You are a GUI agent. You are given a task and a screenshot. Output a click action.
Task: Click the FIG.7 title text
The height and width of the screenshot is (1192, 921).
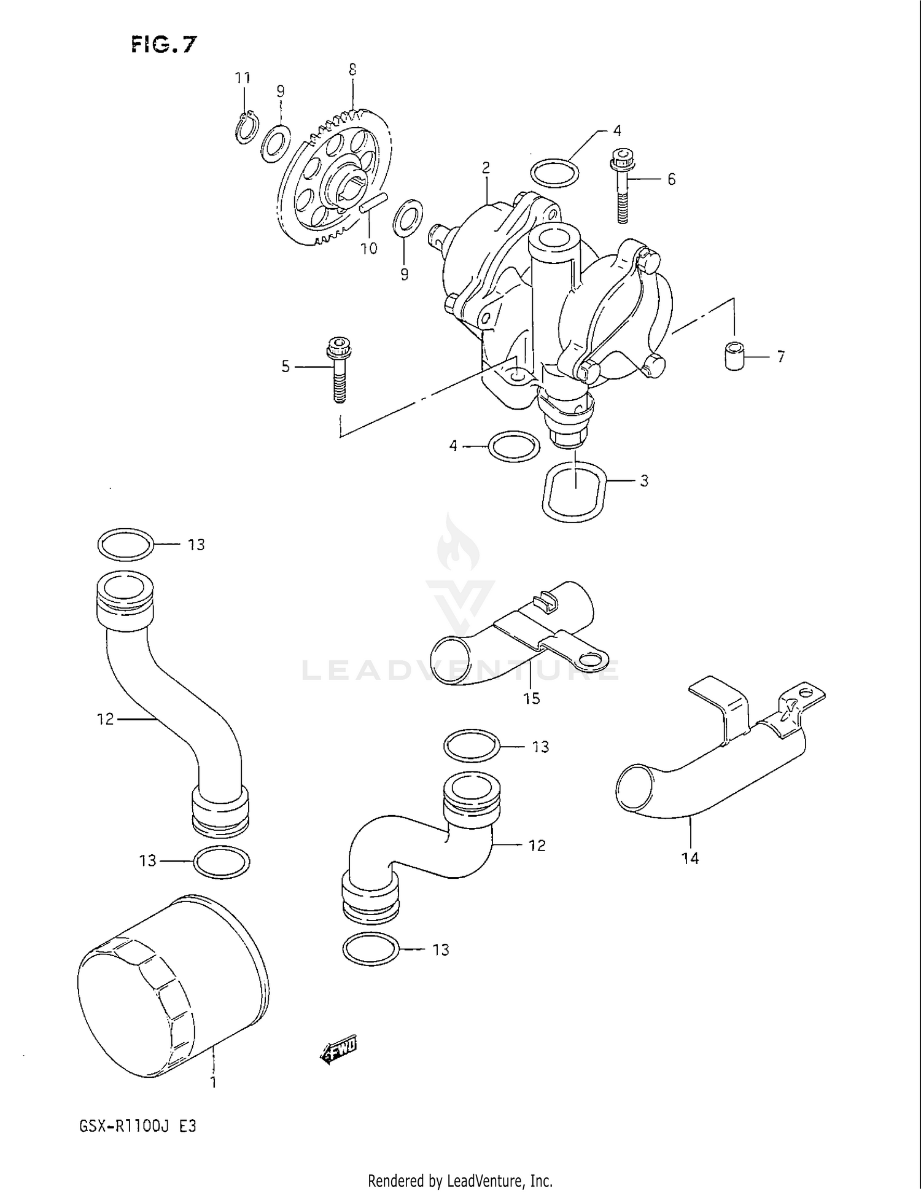(163, 44)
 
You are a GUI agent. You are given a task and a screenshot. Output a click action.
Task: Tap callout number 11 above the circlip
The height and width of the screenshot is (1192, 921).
(243, 78)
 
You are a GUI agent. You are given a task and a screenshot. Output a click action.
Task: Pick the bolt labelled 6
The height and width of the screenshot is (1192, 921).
(621, 184)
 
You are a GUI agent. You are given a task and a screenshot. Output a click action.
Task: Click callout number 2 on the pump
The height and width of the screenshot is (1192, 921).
(486, 167)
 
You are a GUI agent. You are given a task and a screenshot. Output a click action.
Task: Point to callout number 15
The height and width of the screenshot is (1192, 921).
(531, 698)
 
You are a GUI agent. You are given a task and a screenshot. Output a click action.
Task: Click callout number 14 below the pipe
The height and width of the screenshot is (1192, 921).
(690, 858)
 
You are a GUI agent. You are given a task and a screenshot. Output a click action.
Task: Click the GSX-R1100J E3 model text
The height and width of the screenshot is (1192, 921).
(138, 1127)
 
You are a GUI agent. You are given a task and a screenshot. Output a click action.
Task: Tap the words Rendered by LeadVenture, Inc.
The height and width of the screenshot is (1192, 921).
(460, 1180)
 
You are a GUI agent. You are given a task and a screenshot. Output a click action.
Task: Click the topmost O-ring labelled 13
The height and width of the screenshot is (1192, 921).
(125, 544)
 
